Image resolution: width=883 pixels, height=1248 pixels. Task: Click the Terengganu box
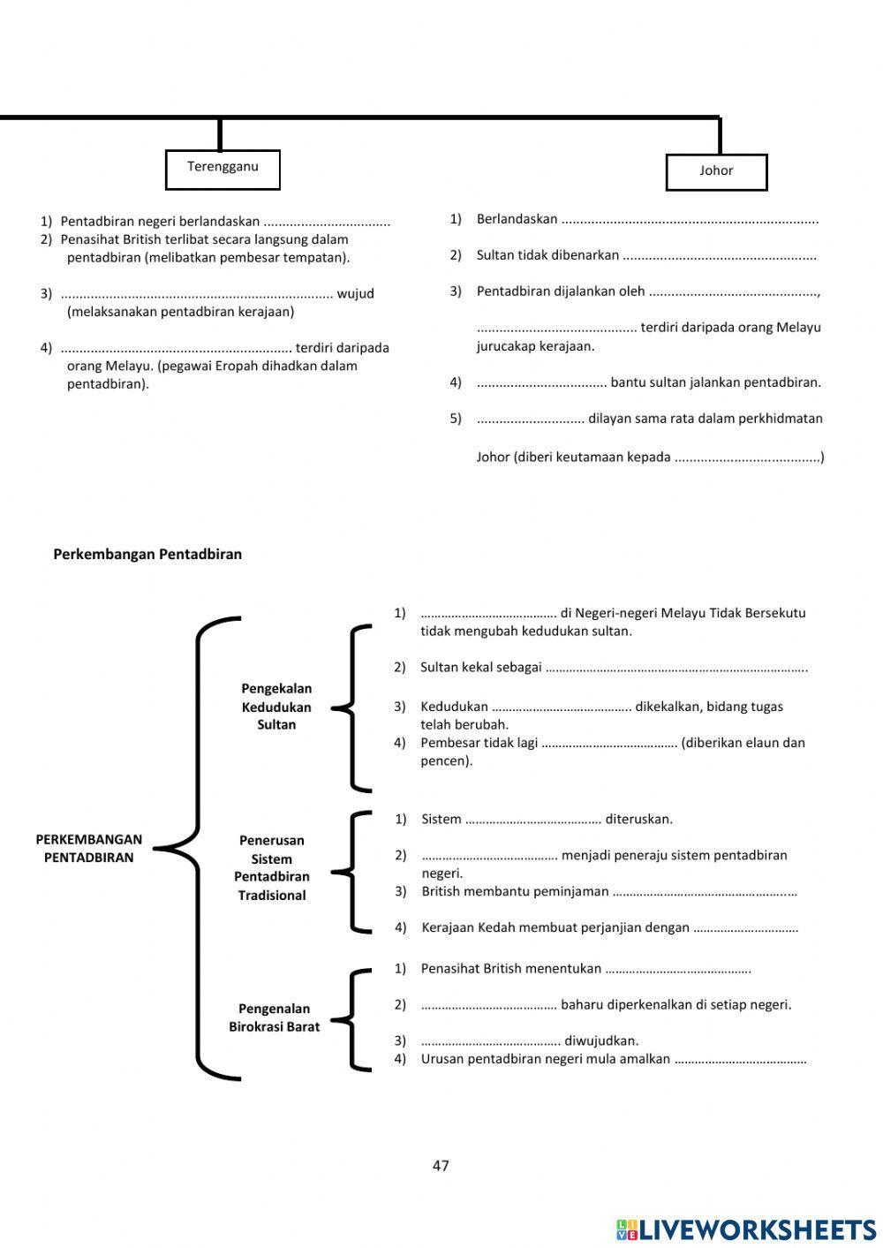[x=223, y=169]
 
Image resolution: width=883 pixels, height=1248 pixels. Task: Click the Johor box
[x=716, y=172]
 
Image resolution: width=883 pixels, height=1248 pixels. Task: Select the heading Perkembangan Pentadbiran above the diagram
[x=147, y=555]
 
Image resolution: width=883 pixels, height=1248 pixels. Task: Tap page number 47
[x=441, y=1166]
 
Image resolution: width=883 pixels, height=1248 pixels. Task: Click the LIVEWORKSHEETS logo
[x=745, y=1229]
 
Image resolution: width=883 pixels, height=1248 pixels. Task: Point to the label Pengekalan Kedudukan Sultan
[x=276, y=707]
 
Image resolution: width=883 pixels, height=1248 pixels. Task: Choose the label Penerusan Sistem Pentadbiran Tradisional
[x=272, y=867]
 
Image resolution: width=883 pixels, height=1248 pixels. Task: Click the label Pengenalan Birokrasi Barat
[x=274, y=1017]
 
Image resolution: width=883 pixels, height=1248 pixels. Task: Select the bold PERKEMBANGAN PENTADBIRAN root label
[x=88, y=849]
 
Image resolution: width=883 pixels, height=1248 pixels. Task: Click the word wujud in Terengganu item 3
[x=355, y=294]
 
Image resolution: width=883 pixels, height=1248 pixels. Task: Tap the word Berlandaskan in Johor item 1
[x=517, y=219]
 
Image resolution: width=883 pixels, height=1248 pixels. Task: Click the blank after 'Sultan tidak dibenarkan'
[x=719, y=256]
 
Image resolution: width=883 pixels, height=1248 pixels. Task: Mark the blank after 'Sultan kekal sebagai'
[x=675, y=669]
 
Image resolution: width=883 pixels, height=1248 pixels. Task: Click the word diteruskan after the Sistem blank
[x=638, y=820]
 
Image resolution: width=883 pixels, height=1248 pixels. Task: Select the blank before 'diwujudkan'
[x=490, y=1041]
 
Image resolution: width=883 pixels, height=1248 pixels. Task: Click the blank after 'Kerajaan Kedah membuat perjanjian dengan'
[x=745, y=928]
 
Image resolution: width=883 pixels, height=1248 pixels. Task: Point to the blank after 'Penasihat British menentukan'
[x=677, y=970]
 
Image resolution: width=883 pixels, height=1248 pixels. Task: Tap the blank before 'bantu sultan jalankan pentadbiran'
[x=541, y=383]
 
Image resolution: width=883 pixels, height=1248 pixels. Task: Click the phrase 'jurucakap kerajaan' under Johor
[x=535, y=346]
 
